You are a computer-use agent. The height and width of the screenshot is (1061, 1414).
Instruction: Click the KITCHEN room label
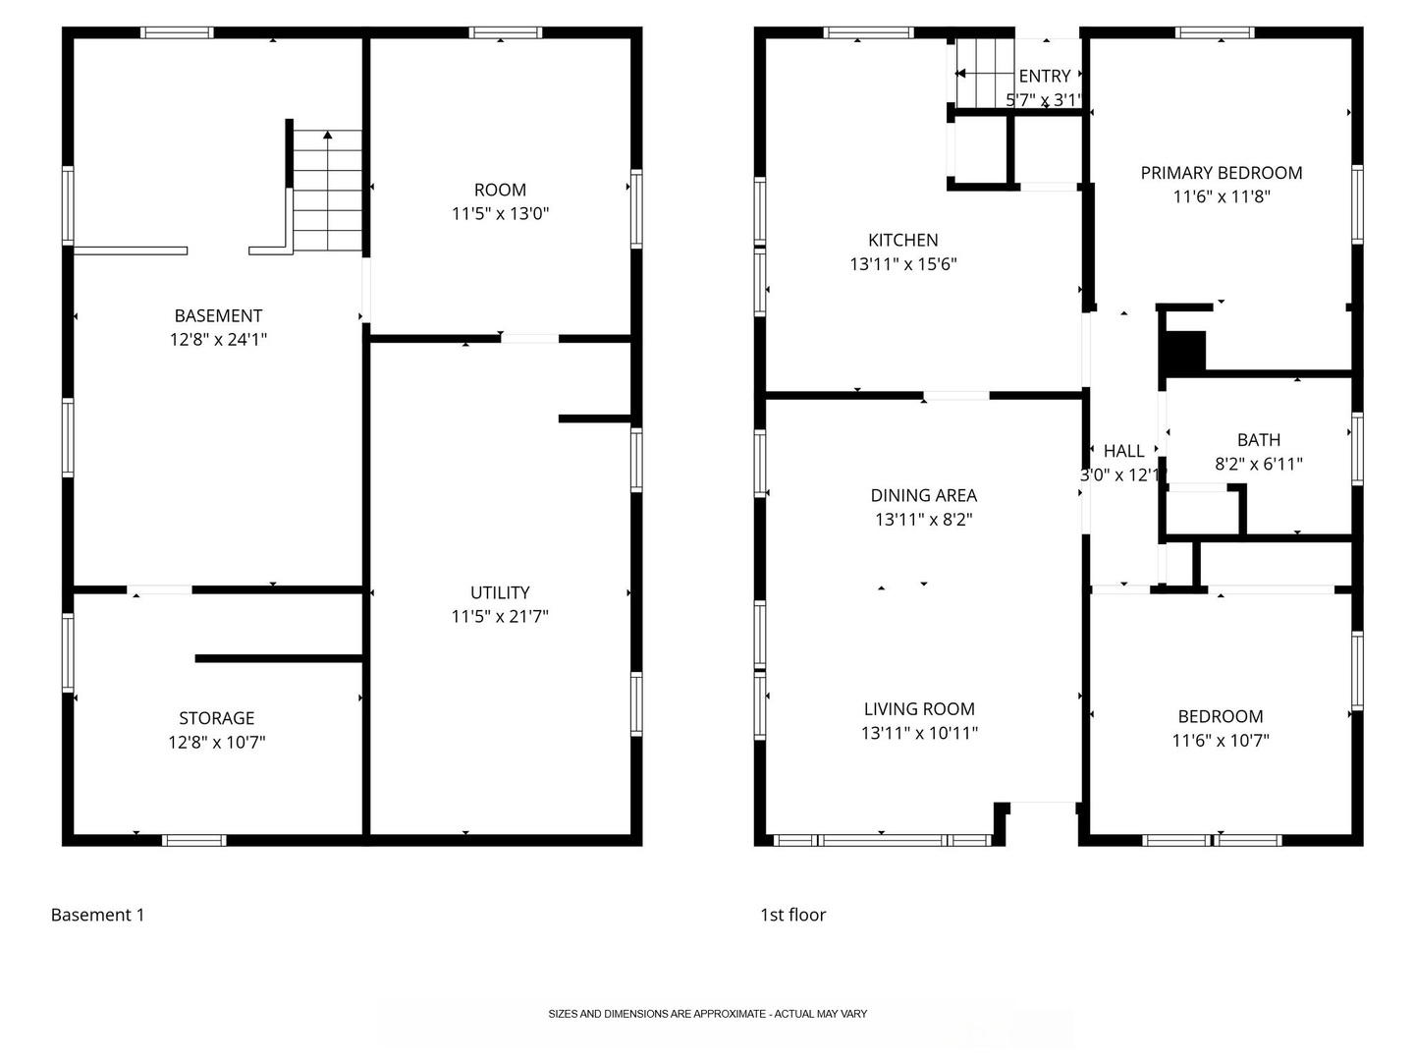point(902,241)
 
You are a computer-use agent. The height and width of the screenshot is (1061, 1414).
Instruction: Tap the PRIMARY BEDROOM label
point(1221,173)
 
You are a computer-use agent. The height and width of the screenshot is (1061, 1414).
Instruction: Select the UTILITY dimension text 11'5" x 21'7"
point(499,617)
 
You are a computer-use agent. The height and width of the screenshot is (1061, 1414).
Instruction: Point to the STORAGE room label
point(216,717)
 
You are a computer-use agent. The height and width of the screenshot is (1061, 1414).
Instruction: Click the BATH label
point(1258,440)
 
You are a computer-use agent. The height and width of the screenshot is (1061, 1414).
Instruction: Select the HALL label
point(1123,451)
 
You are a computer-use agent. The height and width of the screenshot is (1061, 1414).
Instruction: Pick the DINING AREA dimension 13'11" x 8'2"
point(923,520)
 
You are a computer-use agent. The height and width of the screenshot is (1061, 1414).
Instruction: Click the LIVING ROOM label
point(919,708)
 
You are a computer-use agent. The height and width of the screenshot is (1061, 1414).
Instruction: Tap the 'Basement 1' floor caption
point(98,915)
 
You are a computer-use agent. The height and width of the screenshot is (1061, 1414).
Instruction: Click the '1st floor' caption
point(793,915)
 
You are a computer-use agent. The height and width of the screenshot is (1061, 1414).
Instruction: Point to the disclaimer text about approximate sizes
point(707,1013)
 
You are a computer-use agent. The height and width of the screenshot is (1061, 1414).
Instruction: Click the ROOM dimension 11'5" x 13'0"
point(500,213)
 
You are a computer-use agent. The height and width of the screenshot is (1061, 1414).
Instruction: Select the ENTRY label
point(1044,76)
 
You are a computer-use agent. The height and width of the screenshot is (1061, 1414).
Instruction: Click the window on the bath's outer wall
point(1357,448)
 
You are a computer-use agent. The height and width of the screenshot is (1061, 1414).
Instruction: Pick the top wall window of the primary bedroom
point(1215,32)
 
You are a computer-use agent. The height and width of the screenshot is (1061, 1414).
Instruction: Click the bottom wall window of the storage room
point(193,840)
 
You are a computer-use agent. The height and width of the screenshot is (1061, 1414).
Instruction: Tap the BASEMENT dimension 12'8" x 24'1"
point(218,340)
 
